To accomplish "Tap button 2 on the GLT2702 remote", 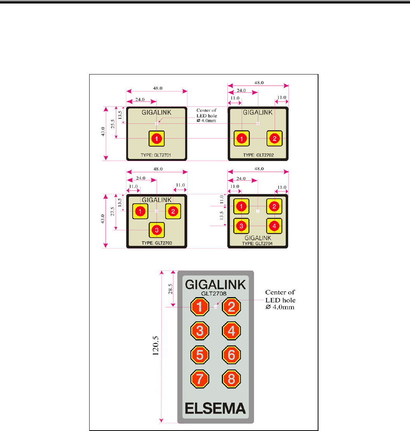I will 274,138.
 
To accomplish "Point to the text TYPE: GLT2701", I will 157,156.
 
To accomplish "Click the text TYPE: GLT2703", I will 157,243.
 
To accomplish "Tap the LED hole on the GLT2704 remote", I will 258,211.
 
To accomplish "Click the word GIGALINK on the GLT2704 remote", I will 258,237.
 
